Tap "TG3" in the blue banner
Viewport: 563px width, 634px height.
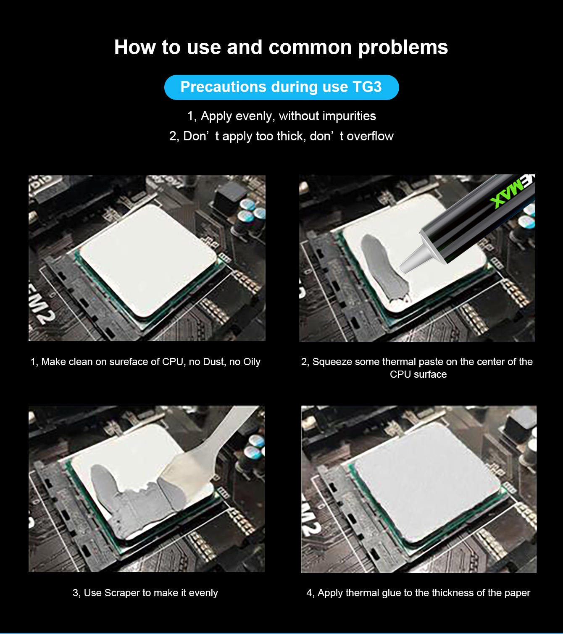[x=367, y=87]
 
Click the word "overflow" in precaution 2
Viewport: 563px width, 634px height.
[x=370, y=136]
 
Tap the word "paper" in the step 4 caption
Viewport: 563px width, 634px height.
[x=517, y=593]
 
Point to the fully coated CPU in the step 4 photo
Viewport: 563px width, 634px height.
[x=427, y=482]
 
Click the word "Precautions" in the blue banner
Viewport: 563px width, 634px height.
[x=223, y=87]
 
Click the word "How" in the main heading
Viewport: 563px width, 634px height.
[x=135, y=47]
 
